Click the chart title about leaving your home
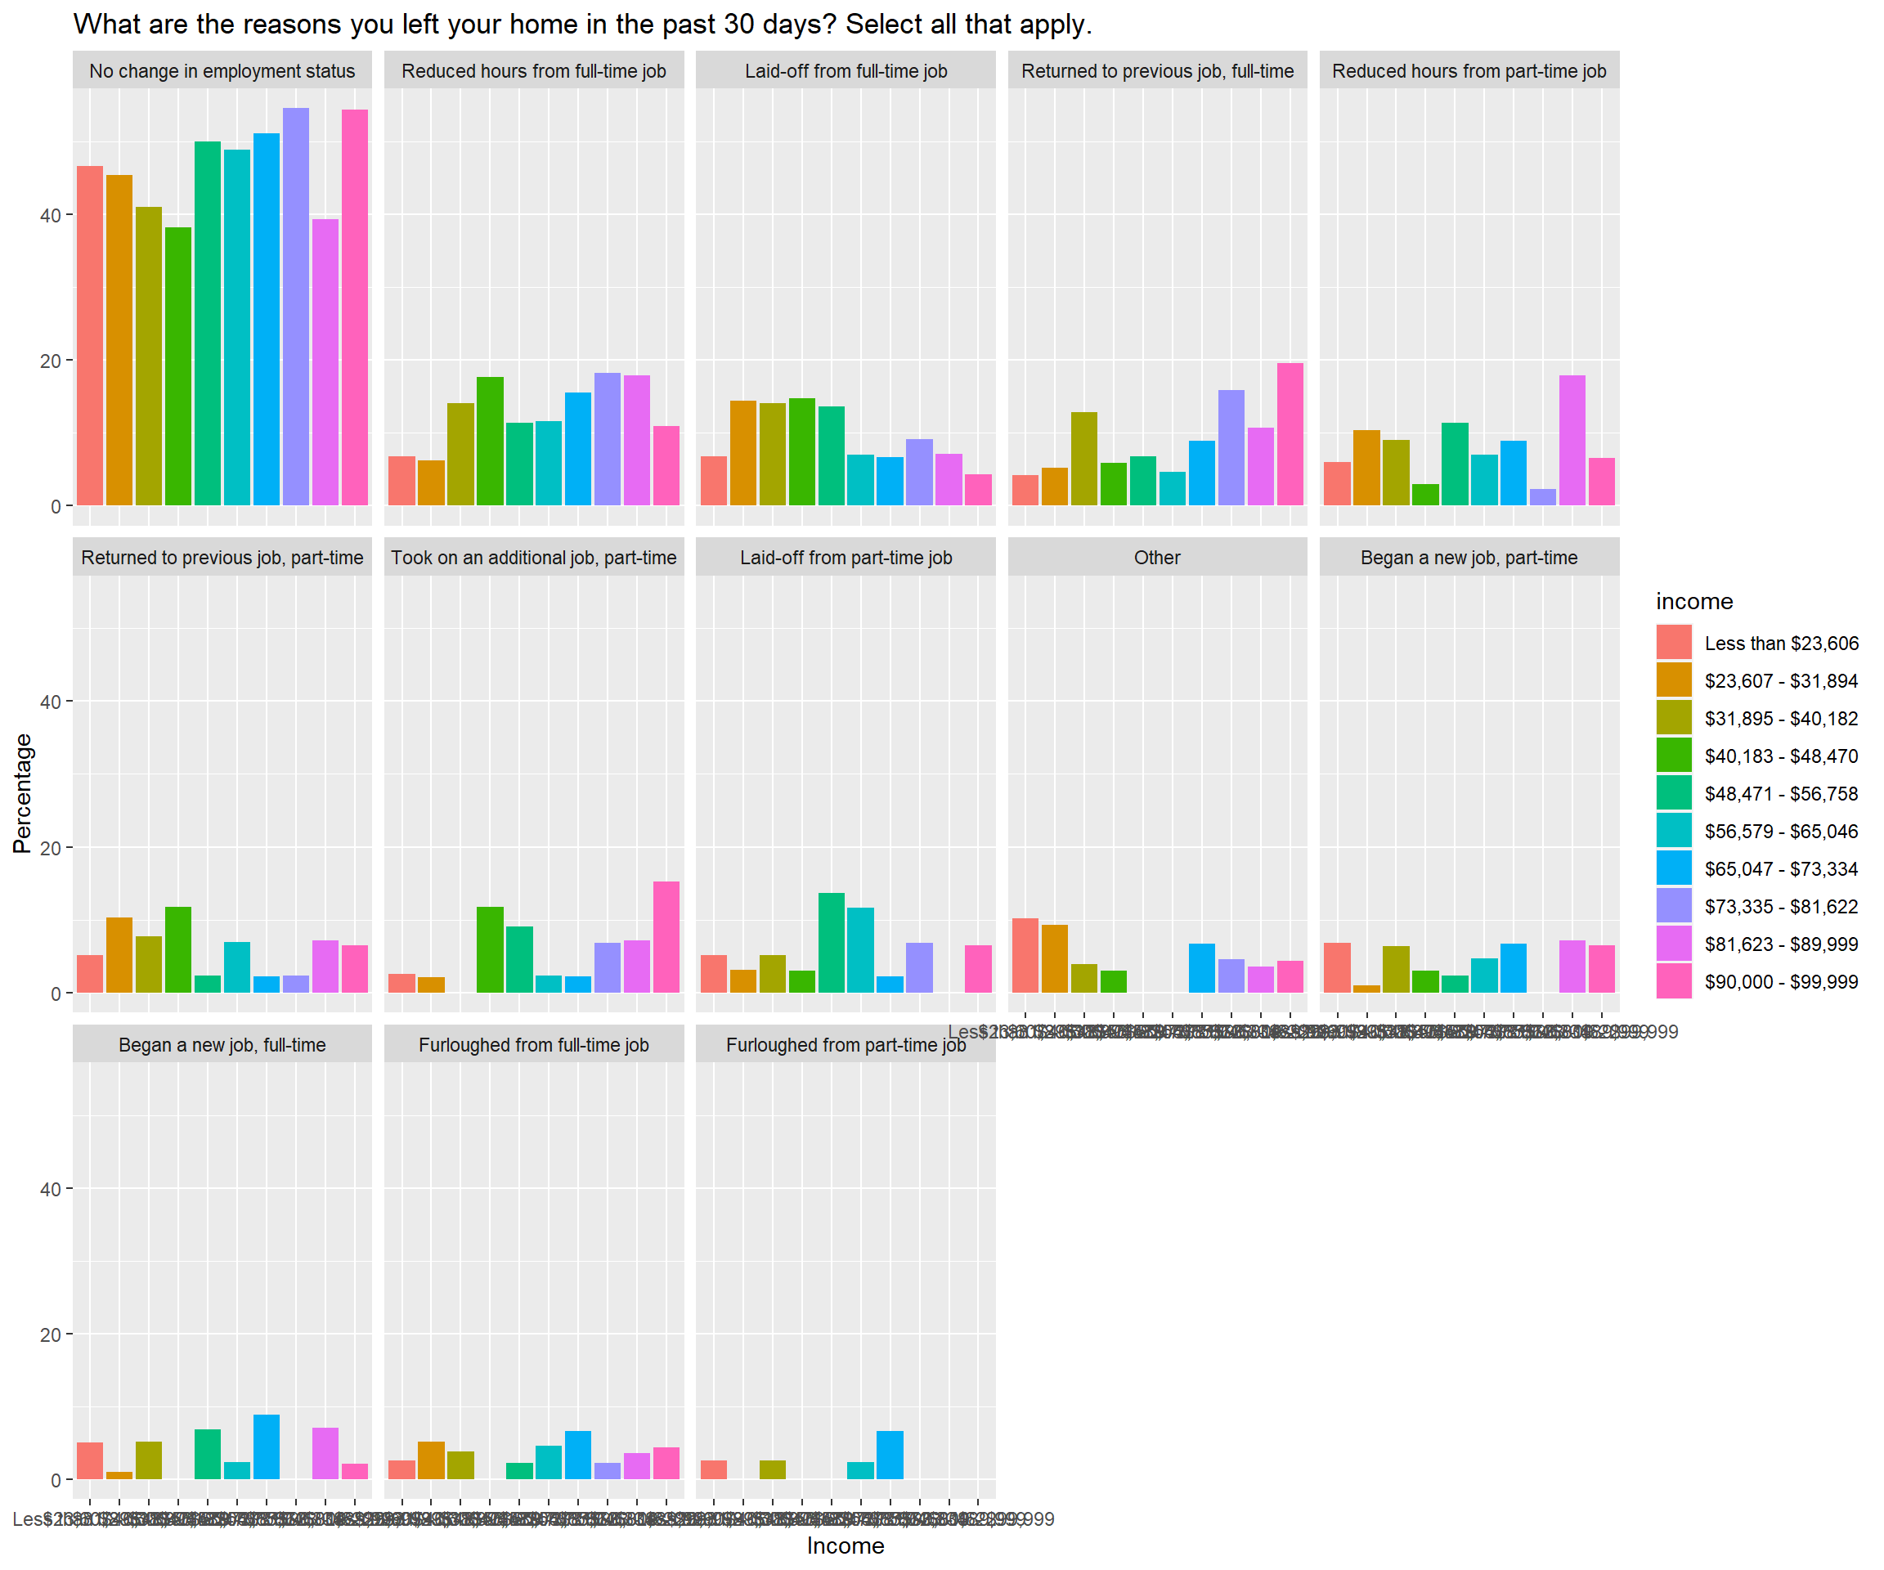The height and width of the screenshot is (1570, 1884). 582,25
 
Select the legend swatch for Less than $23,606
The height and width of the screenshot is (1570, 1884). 1673,644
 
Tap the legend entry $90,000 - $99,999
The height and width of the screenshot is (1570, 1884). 1781,981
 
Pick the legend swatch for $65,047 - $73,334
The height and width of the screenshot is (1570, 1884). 1673,868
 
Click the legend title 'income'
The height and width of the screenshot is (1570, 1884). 1693,601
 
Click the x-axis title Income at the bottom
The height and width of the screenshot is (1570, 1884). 846,1545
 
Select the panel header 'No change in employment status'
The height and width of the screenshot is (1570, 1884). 222,71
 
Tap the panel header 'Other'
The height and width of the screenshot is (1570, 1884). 1156,558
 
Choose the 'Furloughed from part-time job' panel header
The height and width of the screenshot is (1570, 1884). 846,1045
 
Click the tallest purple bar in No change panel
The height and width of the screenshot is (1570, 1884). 296,305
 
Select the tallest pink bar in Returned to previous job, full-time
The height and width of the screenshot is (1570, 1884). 1290,434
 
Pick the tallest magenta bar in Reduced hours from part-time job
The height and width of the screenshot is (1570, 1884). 1572,441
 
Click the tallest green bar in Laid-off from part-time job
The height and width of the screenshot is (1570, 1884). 832,943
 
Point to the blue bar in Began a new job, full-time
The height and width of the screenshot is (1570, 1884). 267,1447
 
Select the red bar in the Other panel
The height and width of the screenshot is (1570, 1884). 1025,955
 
